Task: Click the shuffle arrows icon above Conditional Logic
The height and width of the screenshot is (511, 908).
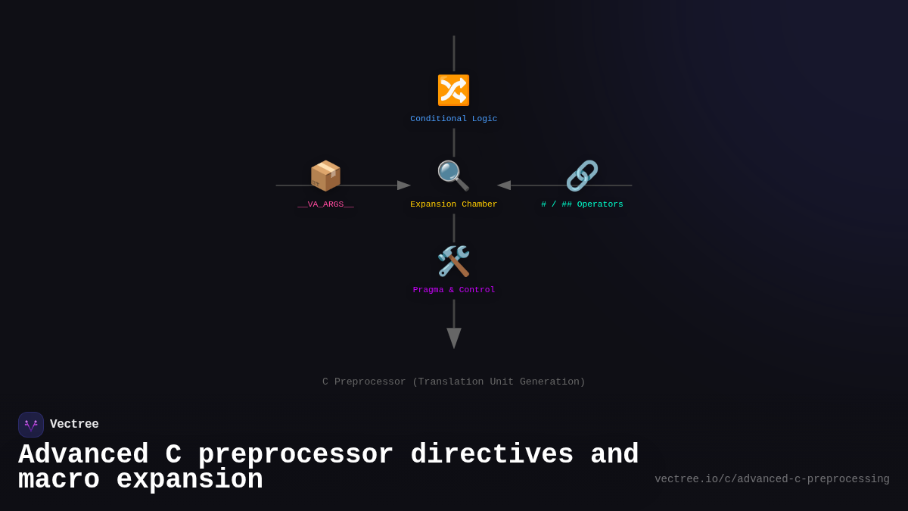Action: coord(453,90)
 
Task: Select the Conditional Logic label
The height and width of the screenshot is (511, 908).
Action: coord(454,119)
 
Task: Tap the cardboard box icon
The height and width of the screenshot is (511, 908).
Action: coord(325,176)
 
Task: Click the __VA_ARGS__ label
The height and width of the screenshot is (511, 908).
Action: coord(325,204)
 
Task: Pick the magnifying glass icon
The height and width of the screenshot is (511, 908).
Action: coord(453,176)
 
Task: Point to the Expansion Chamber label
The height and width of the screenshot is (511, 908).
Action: coord(454,204)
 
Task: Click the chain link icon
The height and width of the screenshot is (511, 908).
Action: coord(582,176)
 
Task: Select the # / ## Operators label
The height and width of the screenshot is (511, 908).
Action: coord(582,204)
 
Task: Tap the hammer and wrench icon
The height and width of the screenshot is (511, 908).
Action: coord(453,261)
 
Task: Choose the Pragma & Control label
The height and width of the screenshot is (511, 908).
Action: coord(454,290)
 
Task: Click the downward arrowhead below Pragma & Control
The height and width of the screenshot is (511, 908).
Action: coord(454,338)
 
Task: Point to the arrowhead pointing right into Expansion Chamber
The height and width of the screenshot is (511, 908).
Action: coord(404,185)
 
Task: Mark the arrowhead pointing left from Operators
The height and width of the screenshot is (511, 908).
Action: coord(504,185)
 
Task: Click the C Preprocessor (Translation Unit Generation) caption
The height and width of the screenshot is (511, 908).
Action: coord(454,382)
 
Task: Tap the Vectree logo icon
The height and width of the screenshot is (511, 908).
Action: coord(31,425)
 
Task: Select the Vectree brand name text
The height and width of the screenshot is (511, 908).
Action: coord(74,425)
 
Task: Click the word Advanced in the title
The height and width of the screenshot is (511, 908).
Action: coord(83,455)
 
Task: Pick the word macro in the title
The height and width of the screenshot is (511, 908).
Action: coord(58,480)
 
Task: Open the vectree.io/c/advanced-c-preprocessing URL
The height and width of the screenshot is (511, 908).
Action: coord(772,479)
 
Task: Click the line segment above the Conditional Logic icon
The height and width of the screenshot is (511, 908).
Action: coord(454,53)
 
